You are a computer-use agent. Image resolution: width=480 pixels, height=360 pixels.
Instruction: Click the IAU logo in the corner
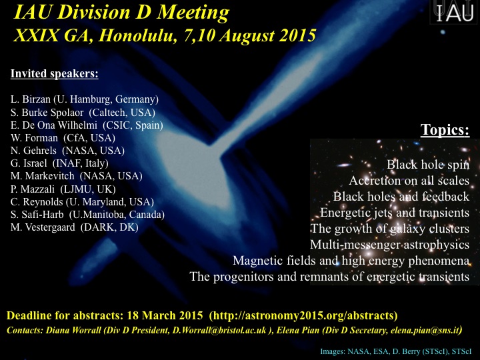(x=455, y=11)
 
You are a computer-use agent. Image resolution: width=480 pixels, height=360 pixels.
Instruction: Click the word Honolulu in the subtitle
(x=135, y=35)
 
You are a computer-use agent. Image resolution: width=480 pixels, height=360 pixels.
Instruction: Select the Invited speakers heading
(x=55, y=74)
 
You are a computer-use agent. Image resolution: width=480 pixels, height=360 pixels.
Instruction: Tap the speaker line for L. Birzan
(x=85, y=99)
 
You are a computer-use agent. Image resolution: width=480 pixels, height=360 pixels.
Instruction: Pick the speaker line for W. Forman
(x=63, y=138)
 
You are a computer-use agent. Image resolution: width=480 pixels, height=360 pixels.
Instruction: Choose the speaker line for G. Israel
(x=59, y=163)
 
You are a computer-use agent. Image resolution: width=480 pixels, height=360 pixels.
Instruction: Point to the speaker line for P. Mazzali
(x=63, y=189)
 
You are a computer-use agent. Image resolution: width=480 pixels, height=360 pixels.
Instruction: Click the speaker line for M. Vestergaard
(x=75, y=227)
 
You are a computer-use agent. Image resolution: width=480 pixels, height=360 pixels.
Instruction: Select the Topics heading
(x=445, y=129)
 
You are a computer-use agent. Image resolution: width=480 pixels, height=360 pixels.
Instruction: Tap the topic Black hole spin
(x=428, y=165)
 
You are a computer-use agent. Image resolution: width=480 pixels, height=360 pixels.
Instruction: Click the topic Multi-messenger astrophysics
(x=390, y=245)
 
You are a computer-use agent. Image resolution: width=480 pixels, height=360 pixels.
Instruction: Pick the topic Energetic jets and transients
(x=395, y=213)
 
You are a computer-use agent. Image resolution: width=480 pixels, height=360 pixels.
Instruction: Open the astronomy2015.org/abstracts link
(x=303, y=315)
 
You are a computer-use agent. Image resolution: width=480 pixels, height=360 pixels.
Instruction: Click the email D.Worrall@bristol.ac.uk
(x=219, y=330)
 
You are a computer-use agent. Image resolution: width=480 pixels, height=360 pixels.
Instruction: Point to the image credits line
(x=396, y=351)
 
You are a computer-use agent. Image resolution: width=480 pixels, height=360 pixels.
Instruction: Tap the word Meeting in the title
(x=193, y=12)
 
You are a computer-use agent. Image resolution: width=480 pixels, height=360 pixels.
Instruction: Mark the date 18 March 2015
(x=165, y=315)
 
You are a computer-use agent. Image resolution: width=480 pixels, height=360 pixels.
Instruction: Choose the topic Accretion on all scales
(x=409, y=181)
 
